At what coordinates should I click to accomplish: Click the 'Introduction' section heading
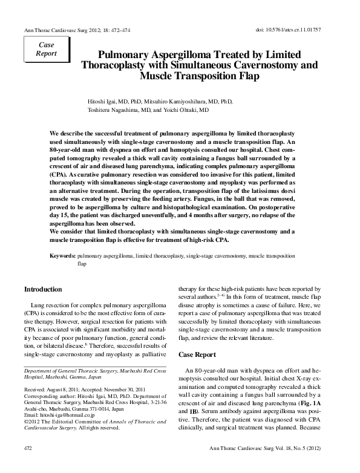pyautogui.click(x=43, y=290)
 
